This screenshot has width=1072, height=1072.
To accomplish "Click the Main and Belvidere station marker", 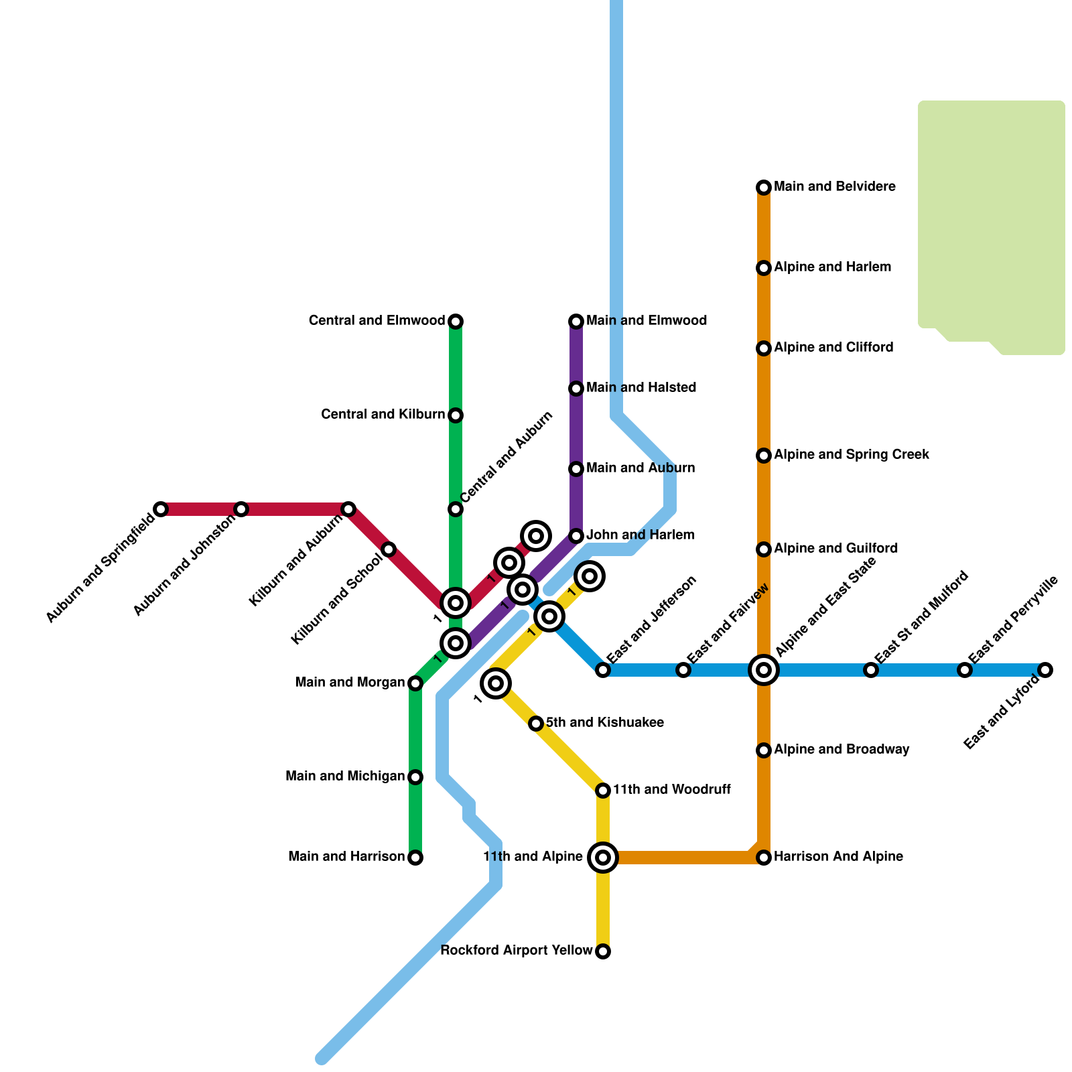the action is (x=763, y=188).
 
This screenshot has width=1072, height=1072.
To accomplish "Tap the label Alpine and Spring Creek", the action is (x=851, y=455).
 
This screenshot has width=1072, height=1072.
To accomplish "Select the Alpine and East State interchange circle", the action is (x=764, y=669).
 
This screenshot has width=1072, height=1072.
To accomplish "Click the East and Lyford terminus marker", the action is (x=1045, y=669).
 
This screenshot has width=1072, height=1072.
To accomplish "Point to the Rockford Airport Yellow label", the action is (x=516, y=951).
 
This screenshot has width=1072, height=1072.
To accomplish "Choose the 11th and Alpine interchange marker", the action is (x=603, y=857).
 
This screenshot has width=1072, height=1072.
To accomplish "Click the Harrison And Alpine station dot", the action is (x=764, y=858).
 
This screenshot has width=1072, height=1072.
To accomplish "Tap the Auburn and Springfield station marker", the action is (x=161, y=509).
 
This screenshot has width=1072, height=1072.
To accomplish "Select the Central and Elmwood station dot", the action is (x=456, y=322).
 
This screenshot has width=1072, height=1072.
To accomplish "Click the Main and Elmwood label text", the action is (x=646, y=321).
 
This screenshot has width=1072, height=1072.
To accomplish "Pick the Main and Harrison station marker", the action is (x=415, y=858).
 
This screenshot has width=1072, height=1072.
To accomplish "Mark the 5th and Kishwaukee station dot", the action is (x=536, y=724).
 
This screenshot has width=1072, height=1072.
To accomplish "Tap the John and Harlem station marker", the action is (x=576, y=536).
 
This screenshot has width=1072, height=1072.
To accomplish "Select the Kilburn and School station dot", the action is (x=389, y=549).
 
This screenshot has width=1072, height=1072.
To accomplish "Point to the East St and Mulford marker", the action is (x=870, y=669).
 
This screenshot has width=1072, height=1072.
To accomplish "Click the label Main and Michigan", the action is (x=344, y=777).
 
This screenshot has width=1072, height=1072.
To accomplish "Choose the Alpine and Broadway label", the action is (x=841, y=750).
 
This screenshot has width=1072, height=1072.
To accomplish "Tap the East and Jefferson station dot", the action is (x=603, y=670).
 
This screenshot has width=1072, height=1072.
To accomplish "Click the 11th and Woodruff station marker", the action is (x=603, y=791).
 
